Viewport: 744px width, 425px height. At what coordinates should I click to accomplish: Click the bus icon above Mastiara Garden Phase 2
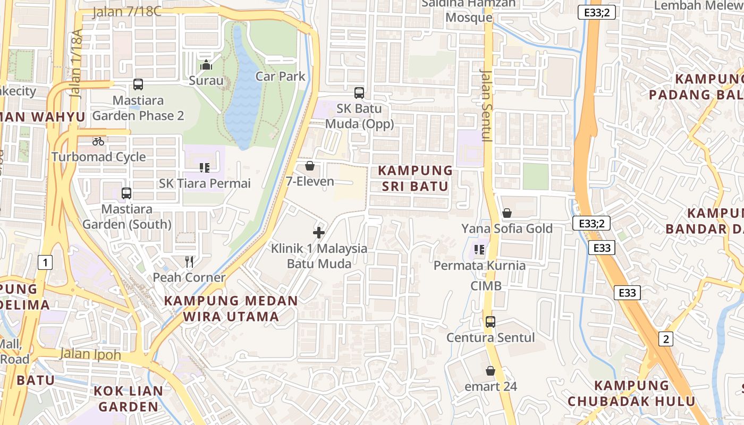pos(138,84)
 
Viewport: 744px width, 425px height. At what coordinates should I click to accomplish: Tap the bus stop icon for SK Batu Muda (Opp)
pos(359,92)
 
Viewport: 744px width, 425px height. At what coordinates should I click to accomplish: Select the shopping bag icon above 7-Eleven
pos(310,166)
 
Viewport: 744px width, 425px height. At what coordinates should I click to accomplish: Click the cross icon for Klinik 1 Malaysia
pos(319,232)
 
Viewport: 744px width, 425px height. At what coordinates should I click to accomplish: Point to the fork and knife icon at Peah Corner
pos(189,261)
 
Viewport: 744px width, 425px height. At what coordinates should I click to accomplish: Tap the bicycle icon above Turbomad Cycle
pos(98,141)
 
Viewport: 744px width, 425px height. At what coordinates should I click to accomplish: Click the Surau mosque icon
pos(206,65)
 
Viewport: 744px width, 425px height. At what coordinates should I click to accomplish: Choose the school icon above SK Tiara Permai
pos(205,168)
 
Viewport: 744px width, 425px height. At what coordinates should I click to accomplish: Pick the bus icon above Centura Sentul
pos(490,321)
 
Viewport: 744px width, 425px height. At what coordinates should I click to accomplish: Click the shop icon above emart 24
pos(490,371)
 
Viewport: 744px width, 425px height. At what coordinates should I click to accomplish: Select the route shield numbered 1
pos(46,262)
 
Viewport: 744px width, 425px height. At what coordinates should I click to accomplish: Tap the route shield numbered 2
pos(665,338)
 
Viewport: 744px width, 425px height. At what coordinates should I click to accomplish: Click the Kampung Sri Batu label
pos(415,178)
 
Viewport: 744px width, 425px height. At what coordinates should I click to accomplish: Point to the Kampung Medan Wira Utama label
pos(231,308)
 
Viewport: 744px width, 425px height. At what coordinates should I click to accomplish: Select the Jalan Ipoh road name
pos(90,354)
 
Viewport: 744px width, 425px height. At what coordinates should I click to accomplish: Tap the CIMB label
pos(486,286)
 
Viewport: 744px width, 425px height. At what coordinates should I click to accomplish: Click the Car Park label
pos(280,76)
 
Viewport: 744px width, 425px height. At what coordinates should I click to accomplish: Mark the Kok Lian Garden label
pos(128,399)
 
